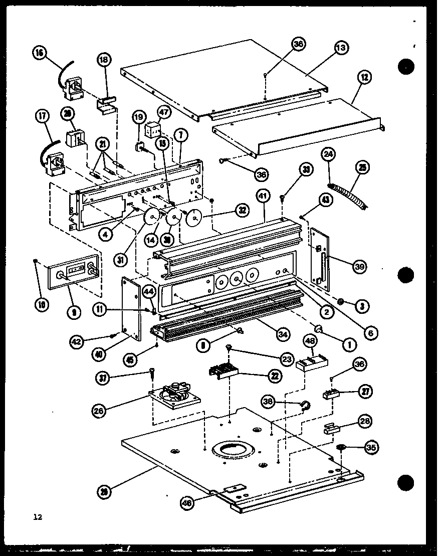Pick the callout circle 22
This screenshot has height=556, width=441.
click(x=274, y=375)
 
